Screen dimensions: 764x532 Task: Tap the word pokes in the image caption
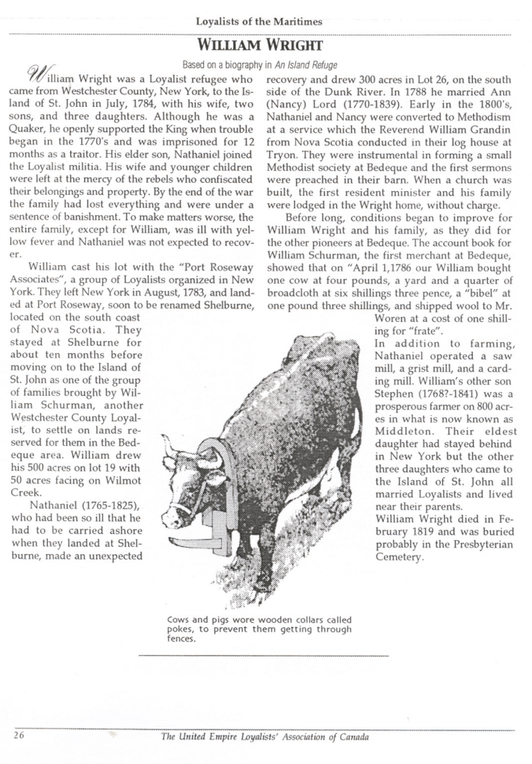point(182,630)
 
